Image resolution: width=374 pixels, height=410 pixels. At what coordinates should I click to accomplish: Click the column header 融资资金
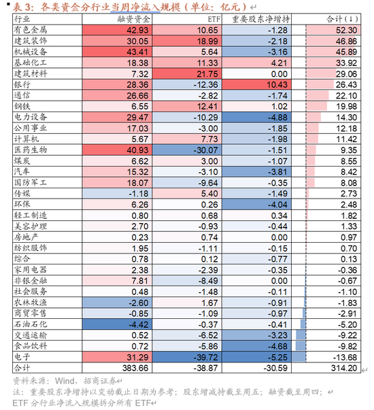click(x=115, y=20)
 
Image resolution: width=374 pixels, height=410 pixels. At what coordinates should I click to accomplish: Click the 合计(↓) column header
click(x=337, y=20)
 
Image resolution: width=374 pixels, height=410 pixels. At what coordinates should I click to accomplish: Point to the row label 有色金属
click(x=27, y=31)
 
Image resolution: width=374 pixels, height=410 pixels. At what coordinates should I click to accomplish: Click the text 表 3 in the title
click(x=18, y=7)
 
